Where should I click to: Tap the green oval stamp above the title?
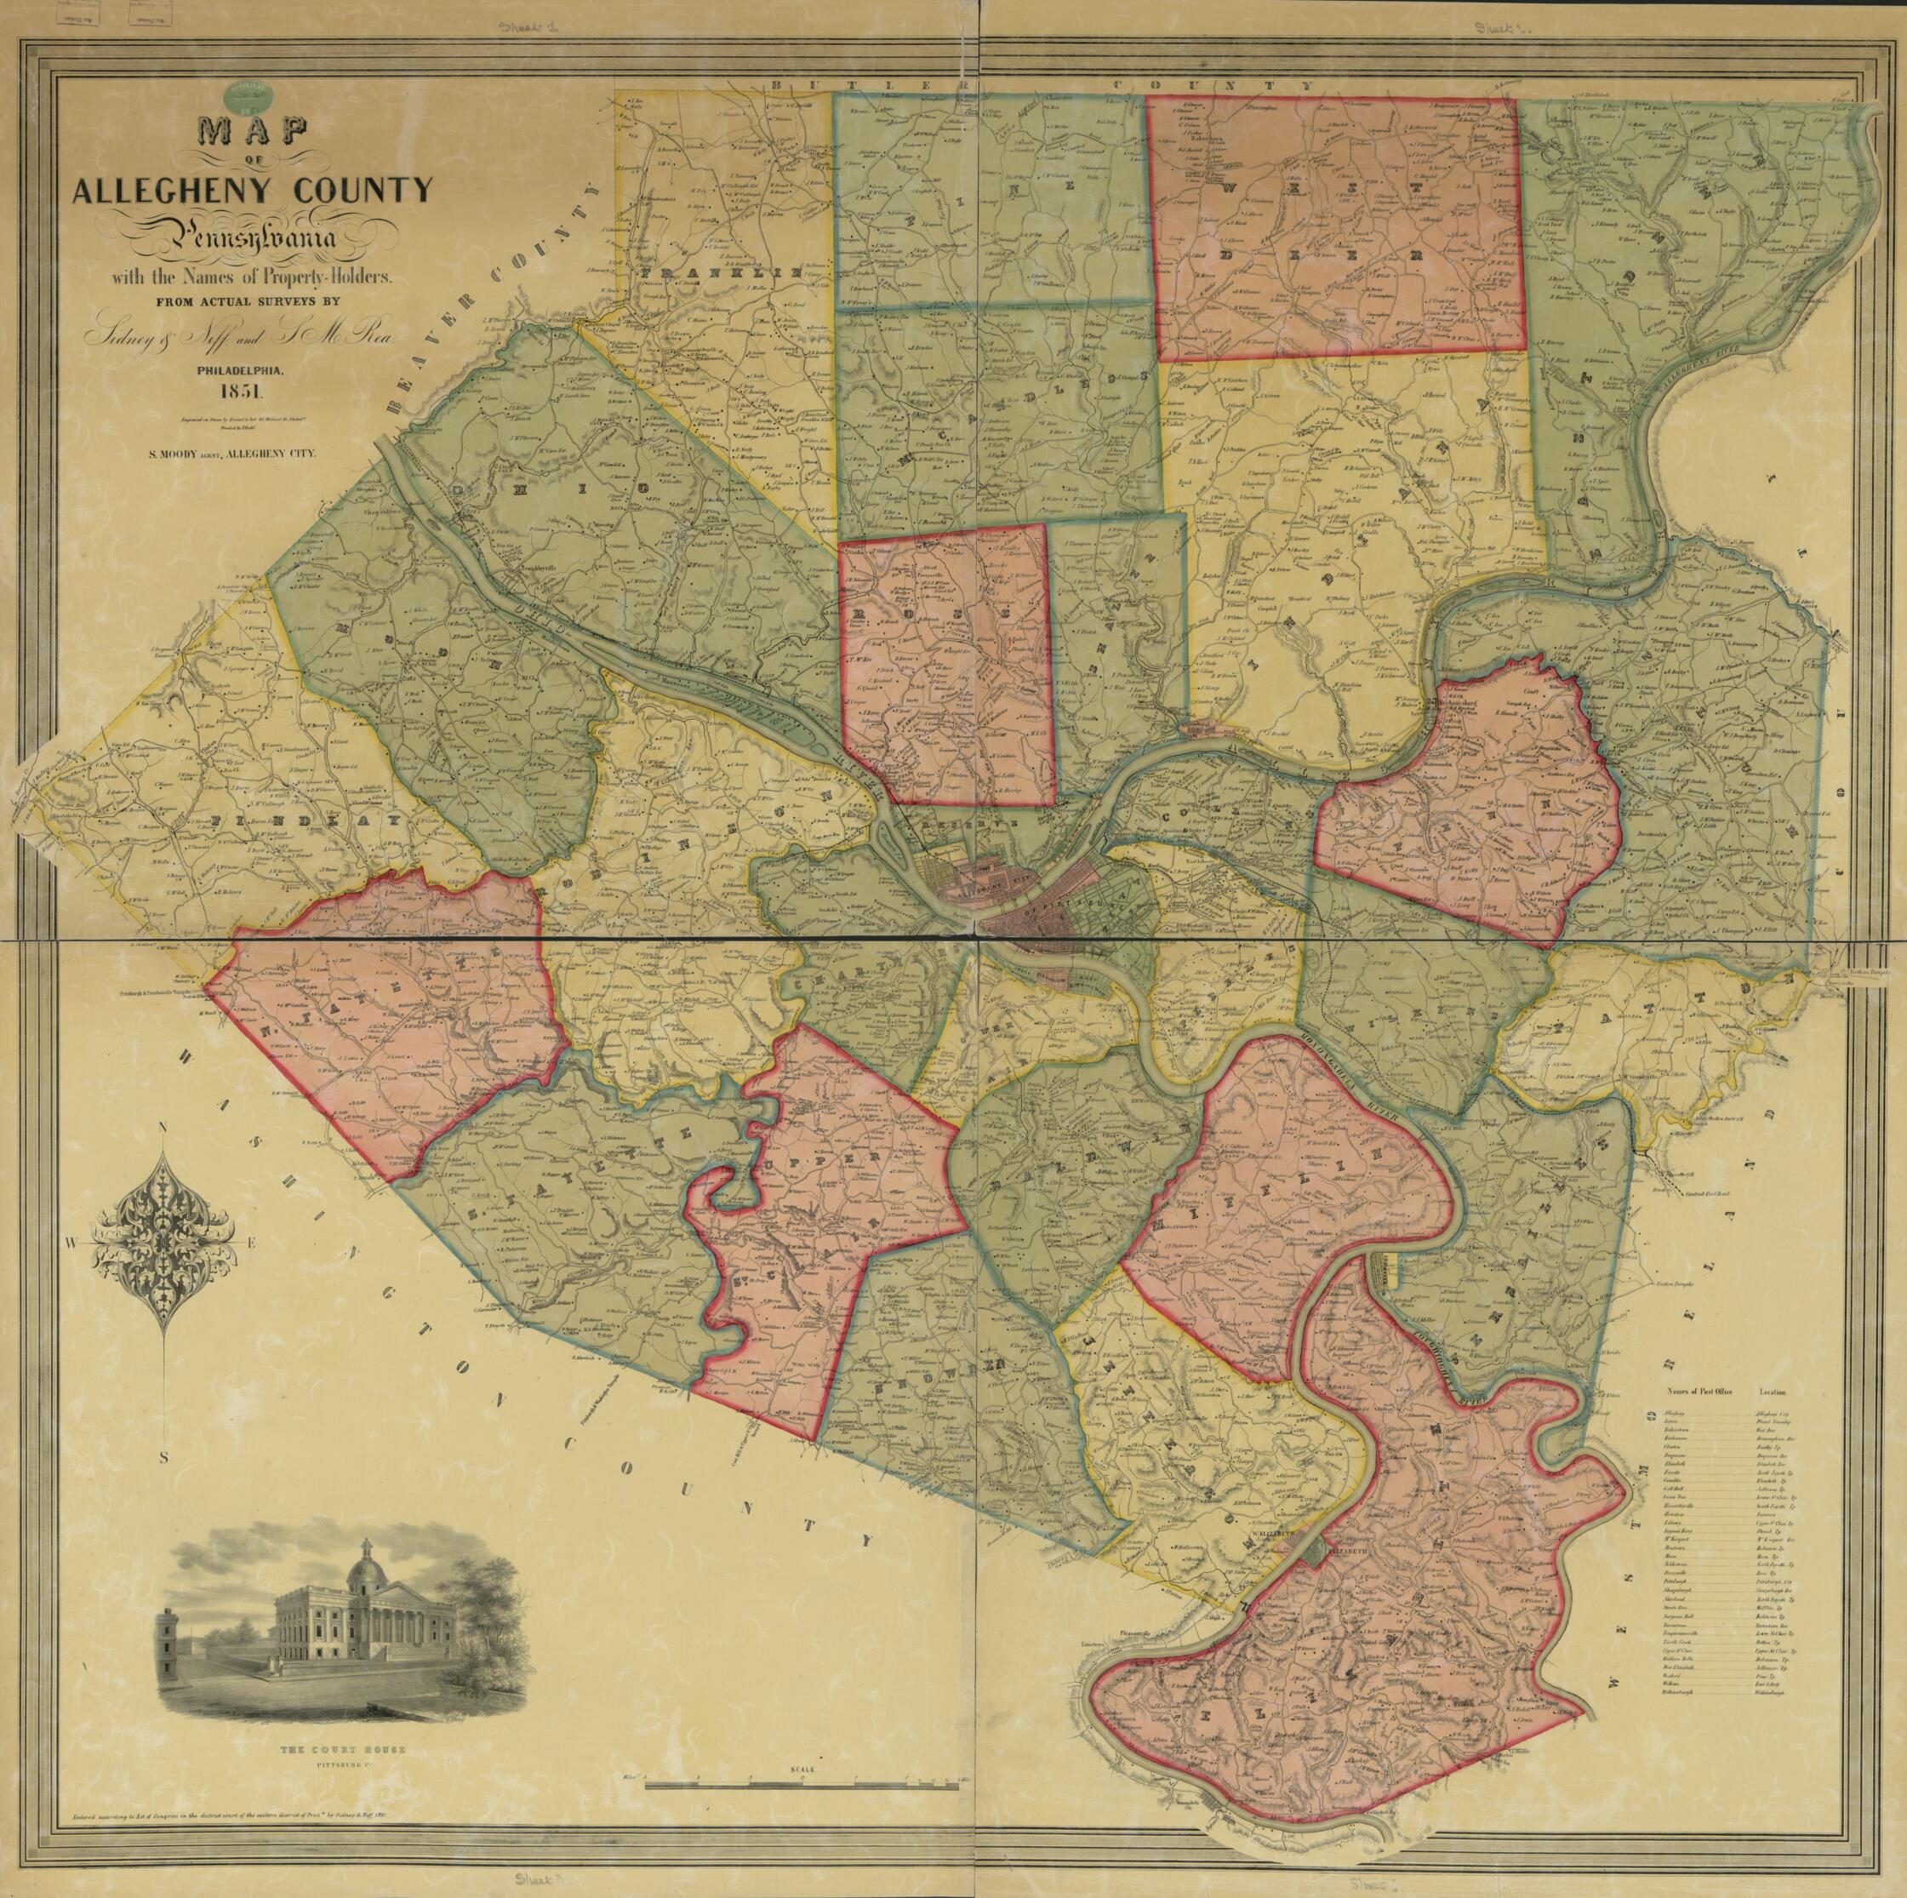click(248, 98)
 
